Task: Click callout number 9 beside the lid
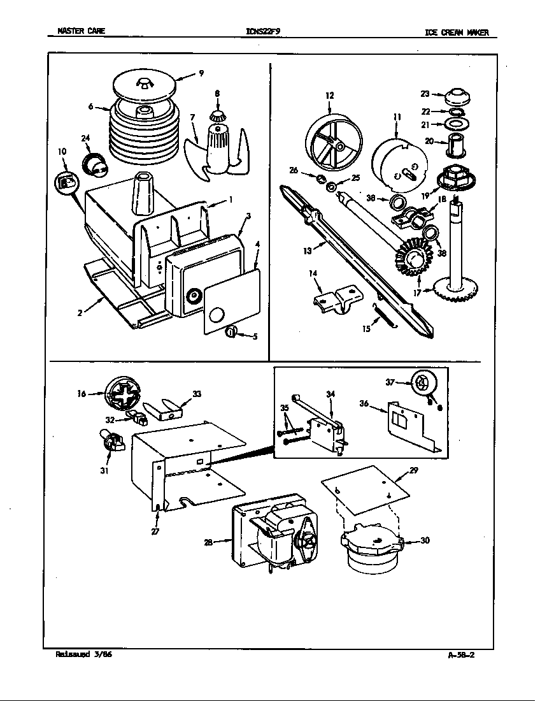tap(201, 73)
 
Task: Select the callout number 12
tap(329, 96)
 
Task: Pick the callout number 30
tap(425, 541)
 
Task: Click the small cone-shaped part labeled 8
tap(218, 116)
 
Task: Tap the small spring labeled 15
tap(384, 317)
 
